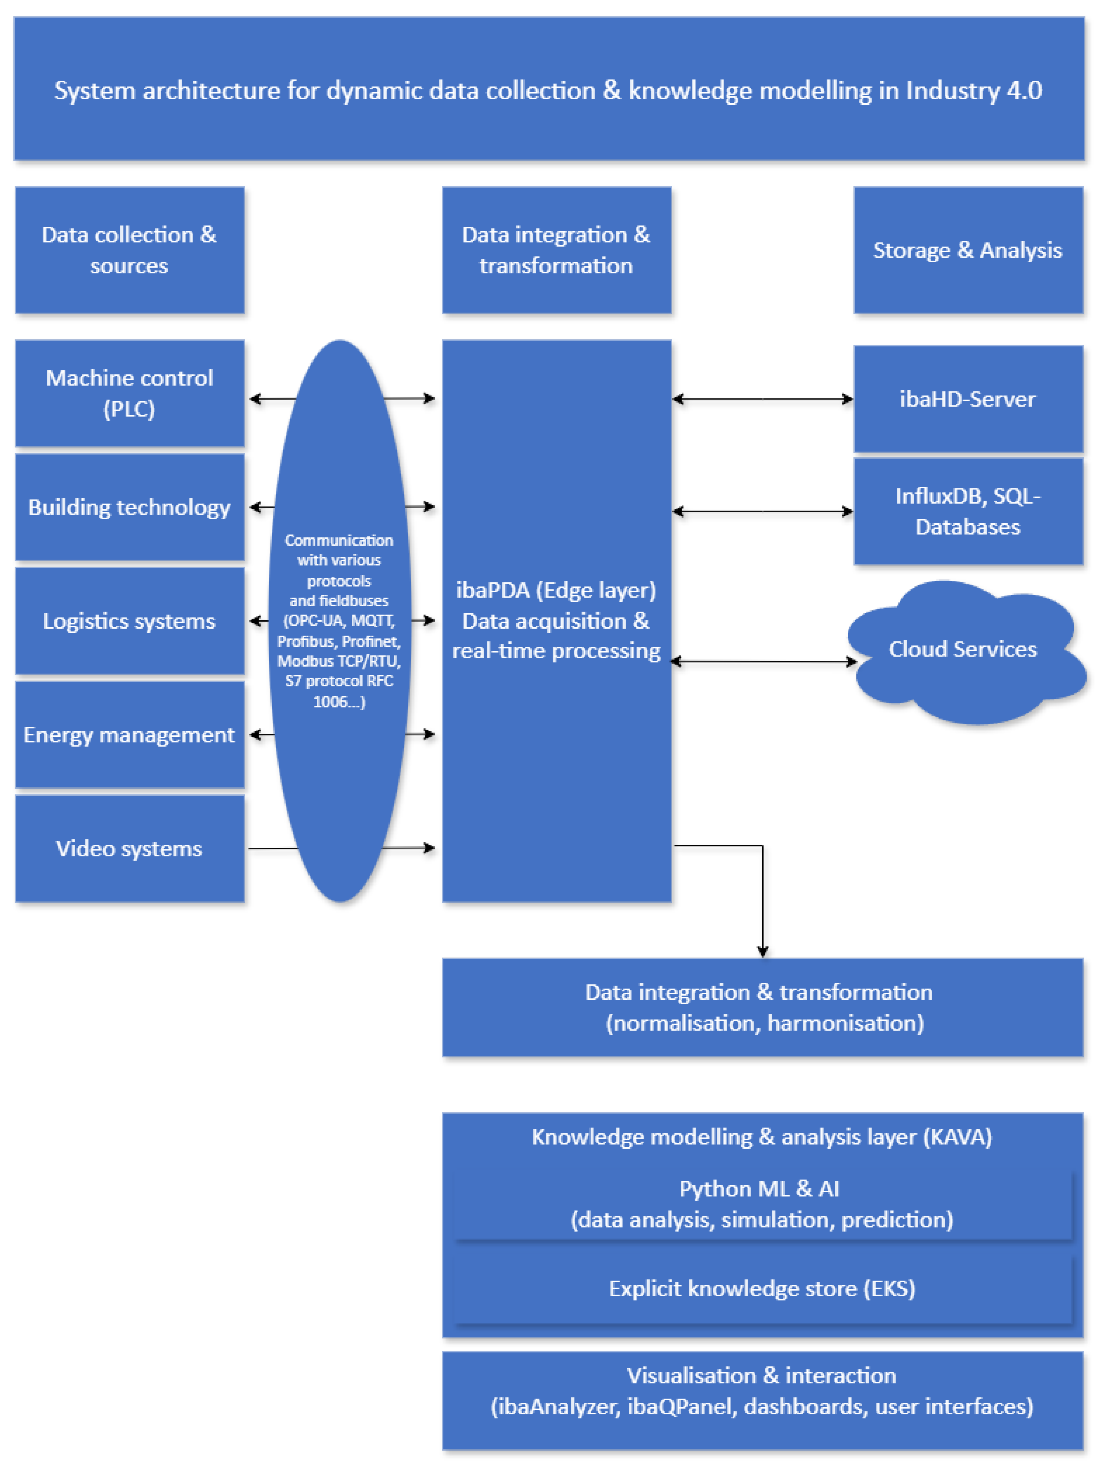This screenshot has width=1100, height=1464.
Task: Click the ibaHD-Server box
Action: pos(967,399)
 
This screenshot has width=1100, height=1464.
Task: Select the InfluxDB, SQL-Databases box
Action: pos(967,512)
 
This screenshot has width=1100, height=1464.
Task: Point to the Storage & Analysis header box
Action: pos(967,250)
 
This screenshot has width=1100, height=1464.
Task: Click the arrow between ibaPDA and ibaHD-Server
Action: pos(763,399)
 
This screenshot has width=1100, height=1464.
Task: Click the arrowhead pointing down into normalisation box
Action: pos(763,951)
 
